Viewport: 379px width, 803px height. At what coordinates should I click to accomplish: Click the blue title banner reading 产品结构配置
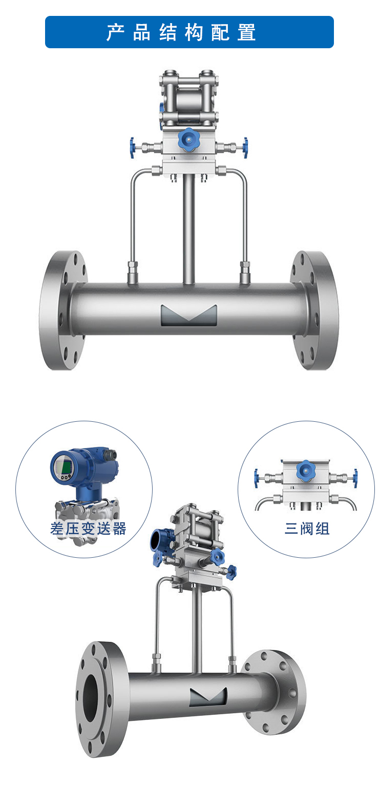tap(189, 32)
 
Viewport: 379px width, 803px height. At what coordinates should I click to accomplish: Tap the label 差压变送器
tap(88, 528)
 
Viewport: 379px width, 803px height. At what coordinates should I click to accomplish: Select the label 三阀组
tap(307, 528)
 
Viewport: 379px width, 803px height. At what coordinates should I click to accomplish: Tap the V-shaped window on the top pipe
tap(188, 315)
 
